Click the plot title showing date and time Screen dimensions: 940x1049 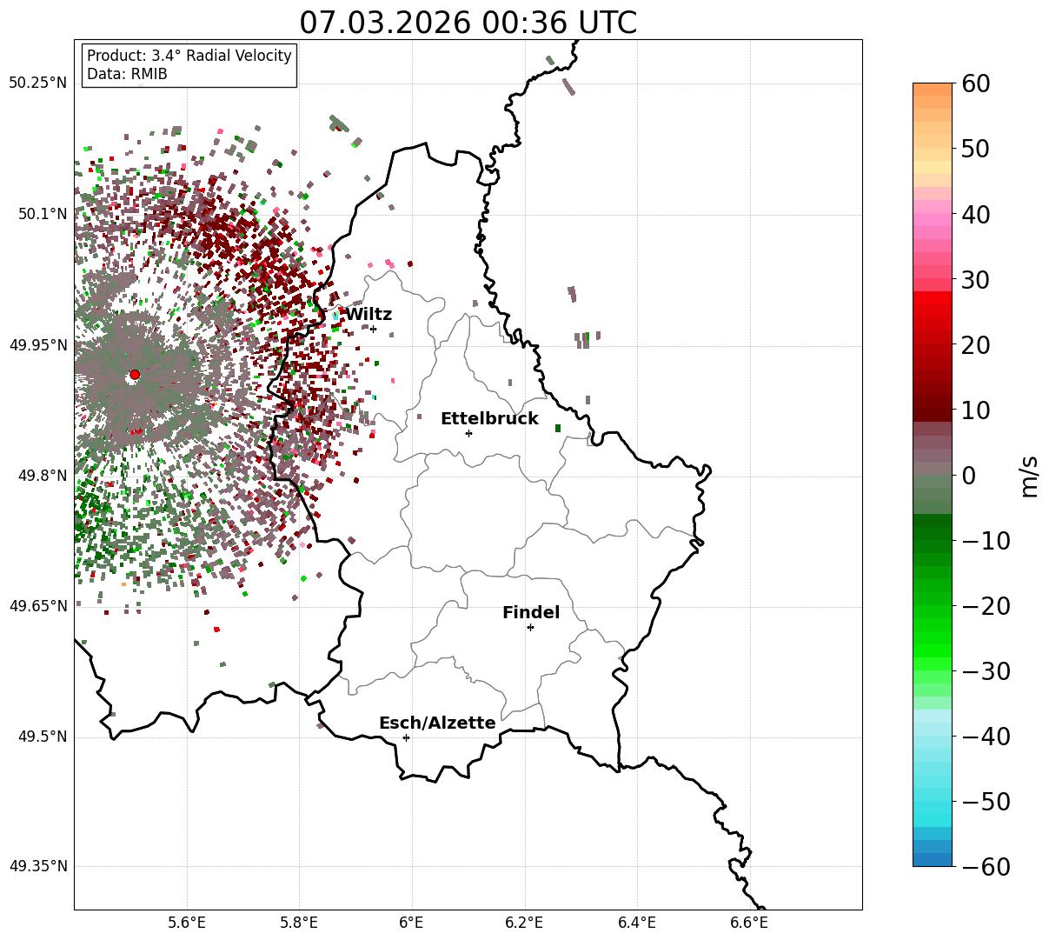(x=468, y=23)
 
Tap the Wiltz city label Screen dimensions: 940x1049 (x=368, y=315)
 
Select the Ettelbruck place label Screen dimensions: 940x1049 (x=489, y=419)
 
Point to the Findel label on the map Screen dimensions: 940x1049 (x=531, y=613)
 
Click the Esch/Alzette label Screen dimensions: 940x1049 (x=437, y=723)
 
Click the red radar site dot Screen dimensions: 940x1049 (x=135, y=375)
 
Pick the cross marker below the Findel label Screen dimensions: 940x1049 (x=530, y=627)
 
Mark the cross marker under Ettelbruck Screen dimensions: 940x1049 (x=468, y=433)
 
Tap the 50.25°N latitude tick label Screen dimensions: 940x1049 (x=37, y=83)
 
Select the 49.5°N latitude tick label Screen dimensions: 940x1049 (x=41, y=737)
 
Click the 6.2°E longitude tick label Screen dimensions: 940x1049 (x=524, y=922)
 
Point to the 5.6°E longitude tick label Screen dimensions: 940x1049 (x=187, y=922)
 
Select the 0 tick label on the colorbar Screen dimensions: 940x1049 (x=968, y=476)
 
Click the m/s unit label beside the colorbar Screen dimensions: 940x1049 (x=1029, y=476)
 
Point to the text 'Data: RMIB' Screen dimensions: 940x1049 (x=127, y=74)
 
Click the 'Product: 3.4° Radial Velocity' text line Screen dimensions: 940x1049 (x=189, y=56)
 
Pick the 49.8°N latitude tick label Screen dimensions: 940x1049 (x=41, y=476)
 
